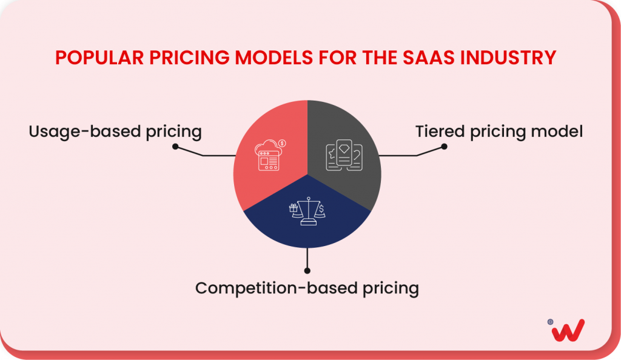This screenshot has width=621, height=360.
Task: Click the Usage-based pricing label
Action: coord(115,131)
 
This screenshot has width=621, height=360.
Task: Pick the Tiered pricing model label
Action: coord(499,131)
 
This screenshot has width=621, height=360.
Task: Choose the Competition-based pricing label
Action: coord(307,288)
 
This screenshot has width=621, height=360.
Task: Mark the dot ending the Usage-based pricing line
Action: coord(175,147)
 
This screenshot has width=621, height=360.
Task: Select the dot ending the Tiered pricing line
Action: coord(444,147)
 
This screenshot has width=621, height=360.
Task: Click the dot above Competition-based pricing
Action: coord(307,270)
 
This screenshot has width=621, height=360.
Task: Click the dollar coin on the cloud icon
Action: coord(283,143)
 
